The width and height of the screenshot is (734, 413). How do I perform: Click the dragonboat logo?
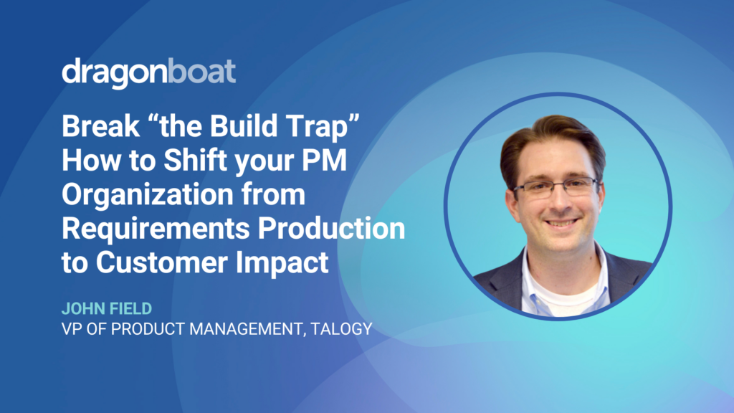pyautogui.click(x=149, y=72)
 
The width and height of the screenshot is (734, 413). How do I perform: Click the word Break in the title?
pyautogui.click(x=100, y=126)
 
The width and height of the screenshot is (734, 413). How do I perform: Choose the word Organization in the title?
pyautogui.click(x=148, y=195)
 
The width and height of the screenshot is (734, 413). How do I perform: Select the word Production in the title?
pyautogui.click(x=331, y=228)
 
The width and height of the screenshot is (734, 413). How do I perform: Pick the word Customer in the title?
pyautogui.click(x=161, y=262)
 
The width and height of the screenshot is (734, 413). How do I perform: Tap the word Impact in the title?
pyautogui.click(x=282, y=262)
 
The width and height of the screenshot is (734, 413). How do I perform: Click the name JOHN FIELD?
pyautogui.click(x=107, y=308)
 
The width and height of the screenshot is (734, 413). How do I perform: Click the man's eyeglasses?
pyautogui.click(x=556, y=188)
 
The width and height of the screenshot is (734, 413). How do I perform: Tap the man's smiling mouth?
pyautogui.click(x=562, y=223)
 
